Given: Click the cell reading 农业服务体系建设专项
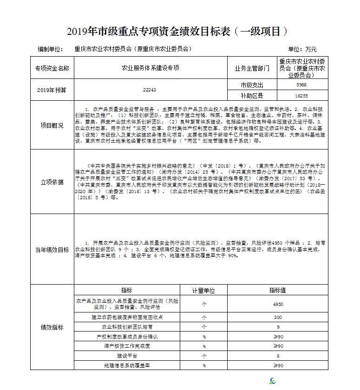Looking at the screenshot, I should pos(150,68).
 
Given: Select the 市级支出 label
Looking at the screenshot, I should pos(252,85).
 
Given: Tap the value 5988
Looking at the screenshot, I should pos(301,85).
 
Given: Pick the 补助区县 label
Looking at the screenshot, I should pos(252,96).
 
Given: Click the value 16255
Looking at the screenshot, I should pos(301,96).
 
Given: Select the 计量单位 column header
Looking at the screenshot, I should pos(204,290).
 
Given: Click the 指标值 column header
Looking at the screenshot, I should pos(277,290).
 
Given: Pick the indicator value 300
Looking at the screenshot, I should pos(277,317).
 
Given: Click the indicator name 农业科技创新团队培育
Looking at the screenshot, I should pos(126,327).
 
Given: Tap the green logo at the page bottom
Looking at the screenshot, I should pos(273,381).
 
